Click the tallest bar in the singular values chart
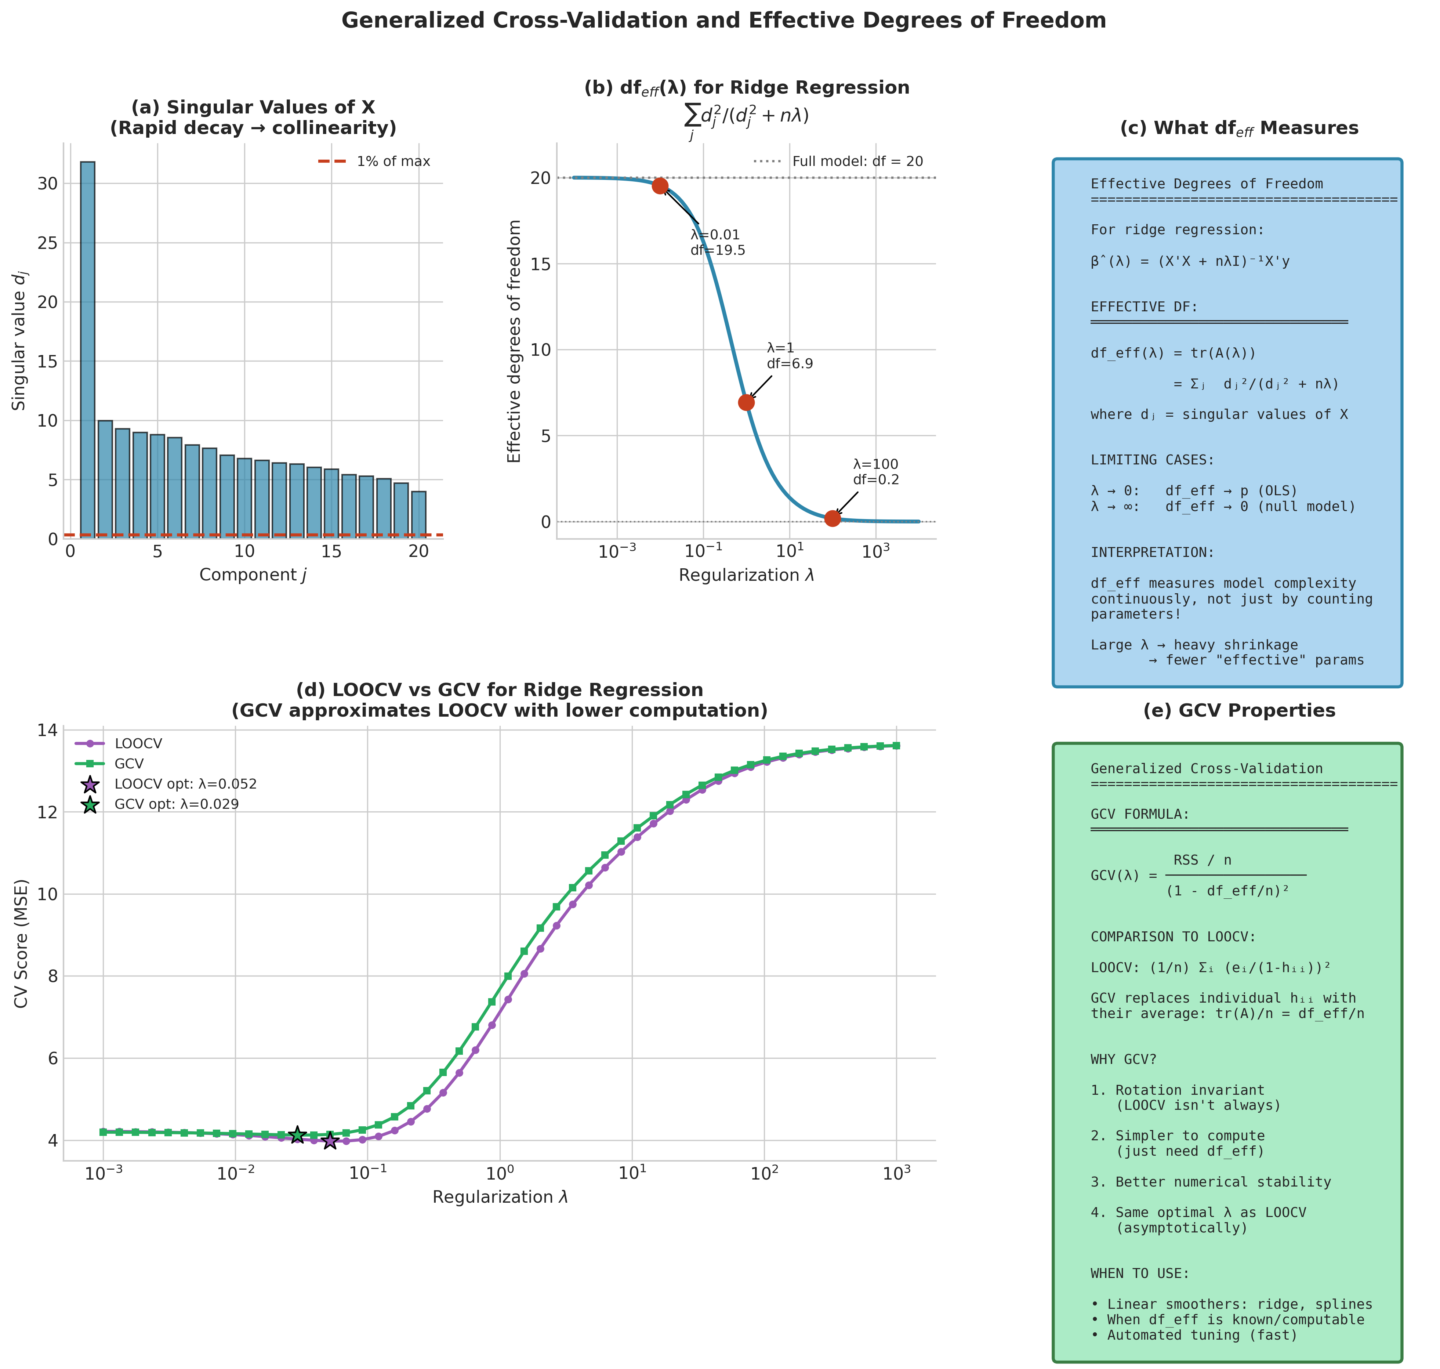pos(87,350)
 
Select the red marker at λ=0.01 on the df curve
pos(660,186)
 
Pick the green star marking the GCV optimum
pos(297,1135)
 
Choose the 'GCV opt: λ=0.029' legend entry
pos(177,804)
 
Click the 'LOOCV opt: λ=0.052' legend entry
pos(185,785)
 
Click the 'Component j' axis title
pos(253,575)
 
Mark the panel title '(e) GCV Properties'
pos(1238,711)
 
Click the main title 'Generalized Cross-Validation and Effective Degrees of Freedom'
pos(723,21)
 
